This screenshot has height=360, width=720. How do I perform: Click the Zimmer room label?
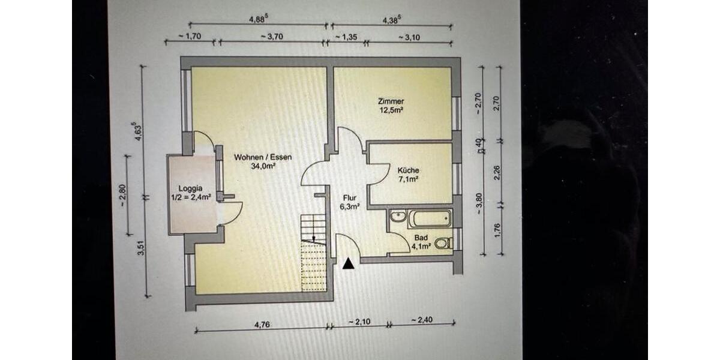391,101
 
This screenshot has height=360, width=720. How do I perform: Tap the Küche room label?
408,170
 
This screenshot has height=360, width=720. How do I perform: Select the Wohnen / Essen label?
263,158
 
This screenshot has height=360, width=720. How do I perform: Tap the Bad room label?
422,238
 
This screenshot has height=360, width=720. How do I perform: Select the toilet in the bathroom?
443,243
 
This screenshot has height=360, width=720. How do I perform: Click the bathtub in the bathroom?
429,218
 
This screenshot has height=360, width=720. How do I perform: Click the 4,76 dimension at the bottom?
261,325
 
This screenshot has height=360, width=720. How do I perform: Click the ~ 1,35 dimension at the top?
346,37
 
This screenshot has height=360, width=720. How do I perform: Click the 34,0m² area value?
263,167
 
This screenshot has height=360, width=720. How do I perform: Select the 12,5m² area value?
391,110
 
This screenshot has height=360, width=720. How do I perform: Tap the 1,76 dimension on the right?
497,230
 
